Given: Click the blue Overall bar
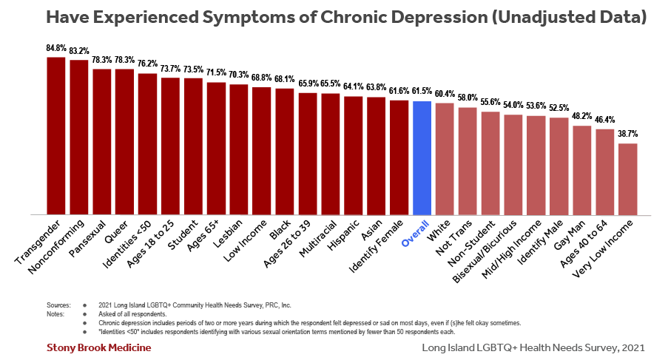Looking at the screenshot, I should [422, 157].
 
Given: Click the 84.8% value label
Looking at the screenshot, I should [55, 48].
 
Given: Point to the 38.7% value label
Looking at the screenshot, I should [628, 135].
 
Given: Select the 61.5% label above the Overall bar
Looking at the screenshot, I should [422, 92].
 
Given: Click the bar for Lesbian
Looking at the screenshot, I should [239, 149].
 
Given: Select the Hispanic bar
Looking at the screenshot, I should [353, 155].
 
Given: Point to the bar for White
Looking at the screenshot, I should [445, 159].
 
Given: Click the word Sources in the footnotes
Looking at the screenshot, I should [58, 305].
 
